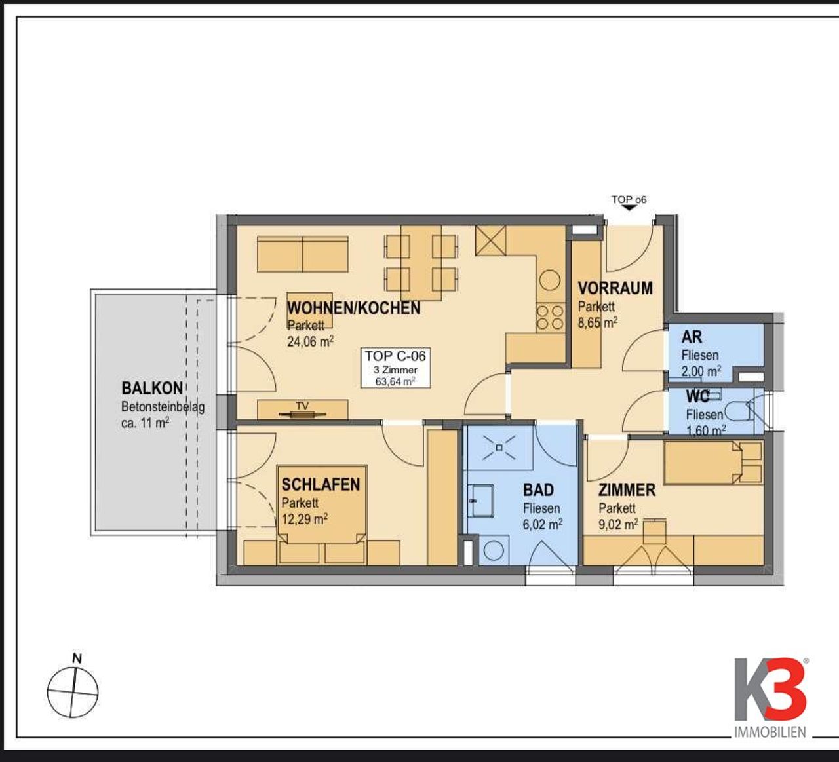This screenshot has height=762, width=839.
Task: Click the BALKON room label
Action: (152, 388)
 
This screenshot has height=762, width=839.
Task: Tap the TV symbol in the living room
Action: (302, 414)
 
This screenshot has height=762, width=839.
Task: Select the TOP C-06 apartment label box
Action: (395, 368)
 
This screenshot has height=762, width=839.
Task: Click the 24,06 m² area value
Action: (310, 341)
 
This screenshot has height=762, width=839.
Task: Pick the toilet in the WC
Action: (740, 411)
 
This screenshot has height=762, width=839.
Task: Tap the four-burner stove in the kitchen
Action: (551, 317)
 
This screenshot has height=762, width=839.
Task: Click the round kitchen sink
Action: (550, 280)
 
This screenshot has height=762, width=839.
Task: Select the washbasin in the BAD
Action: (480, 501)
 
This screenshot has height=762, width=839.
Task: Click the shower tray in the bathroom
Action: (499, 448)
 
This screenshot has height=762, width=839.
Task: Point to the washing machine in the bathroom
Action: (494, 551)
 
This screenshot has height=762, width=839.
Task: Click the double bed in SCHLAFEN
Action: (322, 515)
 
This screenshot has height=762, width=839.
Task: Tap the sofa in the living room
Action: (303, 254)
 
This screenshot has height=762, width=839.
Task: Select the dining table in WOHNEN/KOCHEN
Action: (421, 263)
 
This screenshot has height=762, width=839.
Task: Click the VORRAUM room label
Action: (615, 288)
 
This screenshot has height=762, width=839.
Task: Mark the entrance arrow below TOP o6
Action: (629, 207)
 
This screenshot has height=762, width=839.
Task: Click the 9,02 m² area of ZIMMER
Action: (618, 524)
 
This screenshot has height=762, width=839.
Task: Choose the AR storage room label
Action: (692, 337)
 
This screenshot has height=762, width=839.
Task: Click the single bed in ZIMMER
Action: (713, 463)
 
